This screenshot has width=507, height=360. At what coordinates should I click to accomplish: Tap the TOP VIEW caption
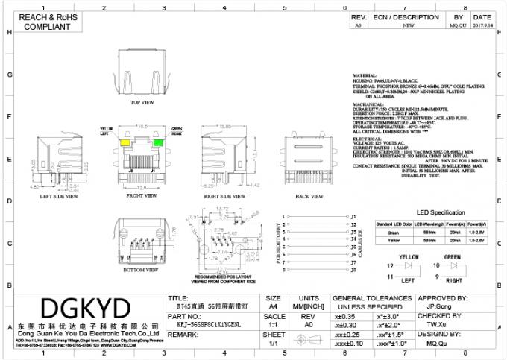click(x=142, y=102)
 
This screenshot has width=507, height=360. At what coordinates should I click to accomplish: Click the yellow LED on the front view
click(x=128, y=141)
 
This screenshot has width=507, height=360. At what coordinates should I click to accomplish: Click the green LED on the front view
click(x=158, y=141)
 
